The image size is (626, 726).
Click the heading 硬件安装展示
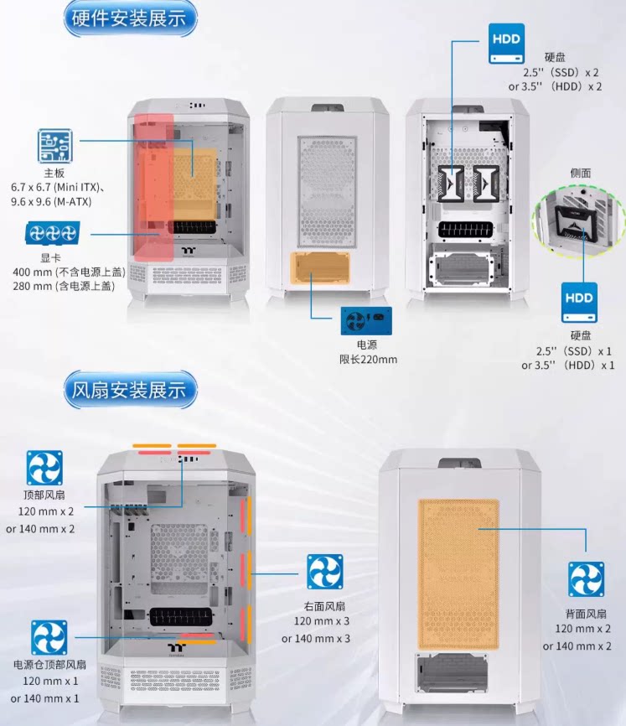[130, 20]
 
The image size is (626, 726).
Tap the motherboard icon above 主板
[54, 146]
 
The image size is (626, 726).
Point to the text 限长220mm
[364, 360]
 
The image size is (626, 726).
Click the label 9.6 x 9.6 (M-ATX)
[51, 202]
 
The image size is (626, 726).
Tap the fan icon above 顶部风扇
[44, 468]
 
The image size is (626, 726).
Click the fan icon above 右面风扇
[324, 572]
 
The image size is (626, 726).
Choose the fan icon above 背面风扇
[587, 579]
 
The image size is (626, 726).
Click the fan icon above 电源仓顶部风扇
[49, 637]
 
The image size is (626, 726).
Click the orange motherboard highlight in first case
[194, 174]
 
